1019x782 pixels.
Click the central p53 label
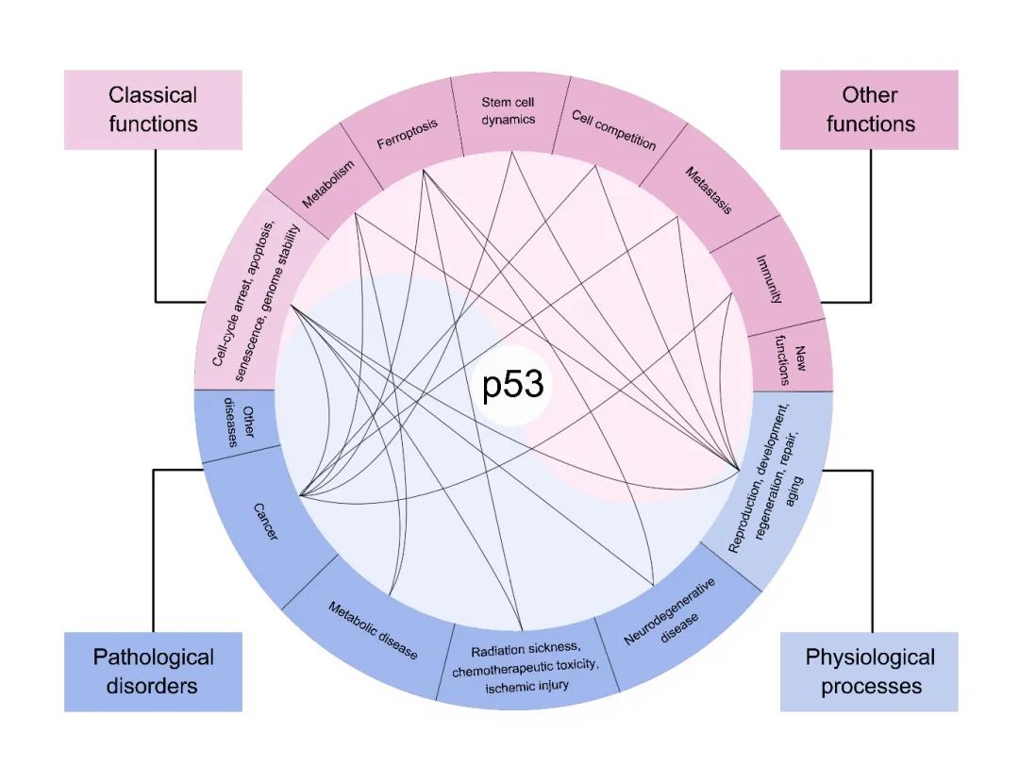513,388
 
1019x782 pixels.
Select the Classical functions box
153,108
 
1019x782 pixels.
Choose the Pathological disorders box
153,671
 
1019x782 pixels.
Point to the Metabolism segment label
328,185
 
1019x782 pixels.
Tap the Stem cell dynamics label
508,110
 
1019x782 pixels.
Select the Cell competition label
614,130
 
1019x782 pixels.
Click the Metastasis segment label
708,191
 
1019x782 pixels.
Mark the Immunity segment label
770,278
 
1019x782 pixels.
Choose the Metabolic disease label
373,630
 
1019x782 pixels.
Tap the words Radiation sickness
521,652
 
